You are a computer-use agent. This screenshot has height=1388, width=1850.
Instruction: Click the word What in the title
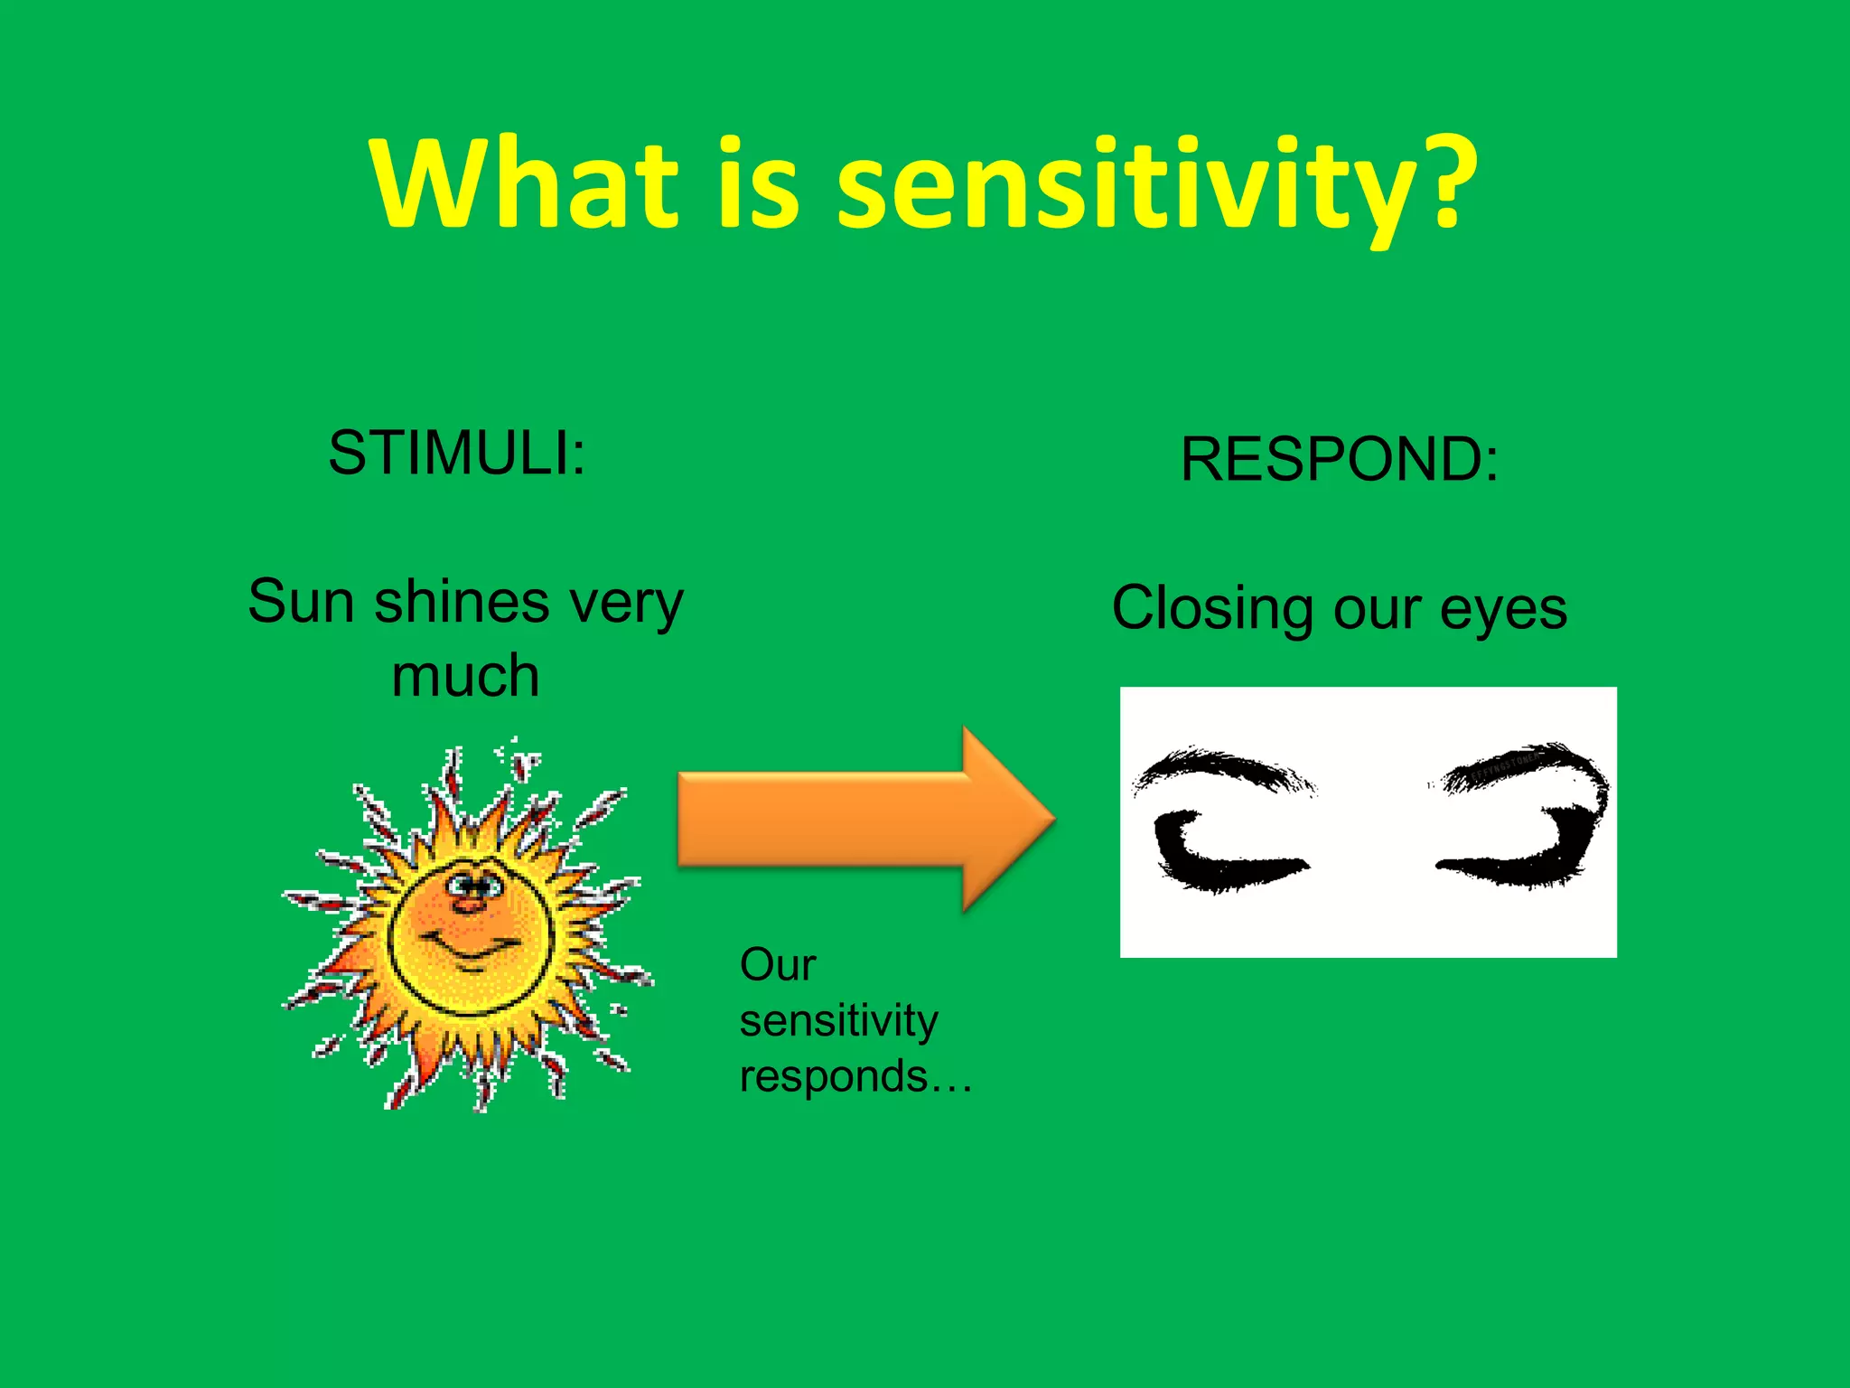pyautogui.click(x=524, y=183)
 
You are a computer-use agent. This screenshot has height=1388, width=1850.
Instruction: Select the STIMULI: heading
pyautogui.click(x=456, y=452)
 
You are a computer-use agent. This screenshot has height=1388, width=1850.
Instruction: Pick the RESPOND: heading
pyautogui.click(x=1339, y=459)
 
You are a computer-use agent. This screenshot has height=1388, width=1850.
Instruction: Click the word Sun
pyautogui.click(x=301, y=602)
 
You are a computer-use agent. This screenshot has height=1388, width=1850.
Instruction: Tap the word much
pyautogui.click(x=465, y=676)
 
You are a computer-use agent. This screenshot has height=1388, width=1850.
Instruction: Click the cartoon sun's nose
pyautogui.click(x=468, y=902)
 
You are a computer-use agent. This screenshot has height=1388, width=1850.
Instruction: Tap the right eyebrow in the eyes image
pyautogui.click(x=1527, y=764)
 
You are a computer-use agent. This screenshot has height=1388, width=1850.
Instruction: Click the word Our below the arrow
pyautogui.click(x=777, y=965)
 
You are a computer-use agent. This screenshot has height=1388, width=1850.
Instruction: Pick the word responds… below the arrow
pyautogui.click(x=855, y=1076)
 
